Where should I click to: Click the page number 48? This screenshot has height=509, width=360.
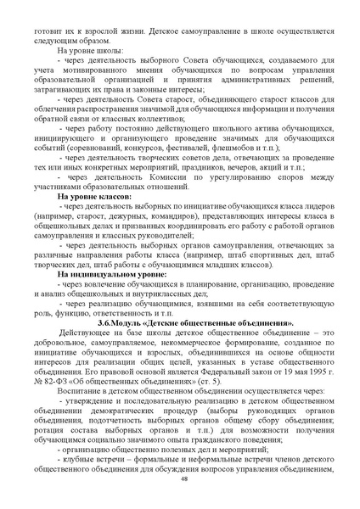point(183,479)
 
